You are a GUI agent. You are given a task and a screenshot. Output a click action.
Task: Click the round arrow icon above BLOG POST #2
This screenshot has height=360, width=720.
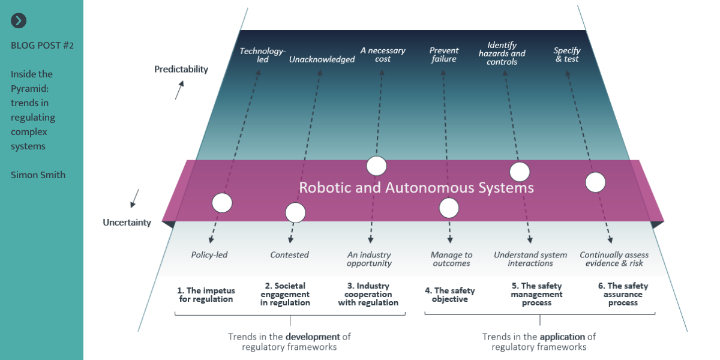(19, 21)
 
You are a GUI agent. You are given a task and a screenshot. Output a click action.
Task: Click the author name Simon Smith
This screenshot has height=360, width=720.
(38, 175)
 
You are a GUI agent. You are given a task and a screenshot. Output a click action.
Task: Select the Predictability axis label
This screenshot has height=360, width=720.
(181, 69)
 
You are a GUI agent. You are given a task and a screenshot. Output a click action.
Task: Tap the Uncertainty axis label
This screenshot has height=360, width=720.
(127, 223)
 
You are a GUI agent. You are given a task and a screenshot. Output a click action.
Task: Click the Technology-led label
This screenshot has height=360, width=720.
(263, 55)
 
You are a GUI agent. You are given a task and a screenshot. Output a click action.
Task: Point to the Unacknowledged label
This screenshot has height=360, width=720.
(322, 59)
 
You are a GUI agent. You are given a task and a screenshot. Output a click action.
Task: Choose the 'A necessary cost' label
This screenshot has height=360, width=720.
(383, 55)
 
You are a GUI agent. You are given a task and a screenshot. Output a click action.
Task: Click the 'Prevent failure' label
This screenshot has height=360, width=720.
(444, 55)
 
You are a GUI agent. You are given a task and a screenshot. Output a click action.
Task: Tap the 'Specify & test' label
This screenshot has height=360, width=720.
(567, 55)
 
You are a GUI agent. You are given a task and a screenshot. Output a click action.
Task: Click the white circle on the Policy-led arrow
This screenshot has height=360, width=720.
(222, 203)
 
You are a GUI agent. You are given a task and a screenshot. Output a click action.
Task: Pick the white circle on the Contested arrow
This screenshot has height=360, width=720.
(295, 212)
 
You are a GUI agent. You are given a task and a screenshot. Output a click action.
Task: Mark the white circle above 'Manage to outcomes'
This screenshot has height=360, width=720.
(449, 208)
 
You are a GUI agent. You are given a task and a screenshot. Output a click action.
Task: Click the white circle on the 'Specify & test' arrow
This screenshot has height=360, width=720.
(595, 182)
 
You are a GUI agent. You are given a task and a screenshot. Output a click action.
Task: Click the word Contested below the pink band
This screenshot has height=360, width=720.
(289, 255)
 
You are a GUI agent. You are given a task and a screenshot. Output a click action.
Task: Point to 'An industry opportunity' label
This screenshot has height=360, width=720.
(369, 259)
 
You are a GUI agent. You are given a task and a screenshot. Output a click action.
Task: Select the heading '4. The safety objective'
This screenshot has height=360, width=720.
(450, 295)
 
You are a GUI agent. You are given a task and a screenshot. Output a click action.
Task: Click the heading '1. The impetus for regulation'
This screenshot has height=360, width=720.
(206, 295)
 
